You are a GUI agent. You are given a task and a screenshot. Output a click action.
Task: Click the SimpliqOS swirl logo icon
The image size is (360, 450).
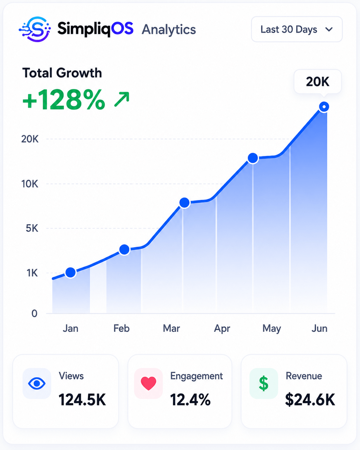tap(35, 29)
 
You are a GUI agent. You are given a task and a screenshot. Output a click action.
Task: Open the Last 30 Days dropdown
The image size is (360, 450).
tap(297, 29)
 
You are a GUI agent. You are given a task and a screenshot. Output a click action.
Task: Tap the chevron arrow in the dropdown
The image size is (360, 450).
tap(329, 30)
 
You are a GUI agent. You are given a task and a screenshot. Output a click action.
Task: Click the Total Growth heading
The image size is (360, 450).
tap(62, 73)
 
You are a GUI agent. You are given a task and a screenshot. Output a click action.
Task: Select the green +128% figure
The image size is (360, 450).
tap(64, 100)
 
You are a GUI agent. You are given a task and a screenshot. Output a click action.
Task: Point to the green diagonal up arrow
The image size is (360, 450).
tap(122, 100)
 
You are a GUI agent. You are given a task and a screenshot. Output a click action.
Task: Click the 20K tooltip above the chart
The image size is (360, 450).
tap(318, 82)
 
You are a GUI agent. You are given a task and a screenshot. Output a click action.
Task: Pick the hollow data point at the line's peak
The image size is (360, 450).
tap(324, 107)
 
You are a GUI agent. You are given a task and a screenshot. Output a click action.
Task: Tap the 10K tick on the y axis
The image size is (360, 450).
tap(30, 184)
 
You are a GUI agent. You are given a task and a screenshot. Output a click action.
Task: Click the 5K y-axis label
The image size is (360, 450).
tap(32, 228)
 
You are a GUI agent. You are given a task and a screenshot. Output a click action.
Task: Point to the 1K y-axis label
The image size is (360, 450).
tap(32, 273)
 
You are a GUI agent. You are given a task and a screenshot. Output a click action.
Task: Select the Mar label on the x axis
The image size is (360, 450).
tap(171, 328)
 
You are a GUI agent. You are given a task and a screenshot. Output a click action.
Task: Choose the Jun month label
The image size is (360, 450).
tap(320, 328)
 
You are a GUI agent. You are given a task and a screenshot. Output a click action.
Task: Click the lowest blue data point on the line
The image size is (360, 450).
tap(71, 273)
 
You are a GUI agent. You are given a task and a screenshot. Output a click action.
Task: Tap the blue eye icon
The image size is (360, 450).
tap(37, 384)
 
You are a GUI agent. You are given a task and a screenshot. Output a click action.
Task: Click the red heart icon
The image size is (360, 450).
tap(149, 383)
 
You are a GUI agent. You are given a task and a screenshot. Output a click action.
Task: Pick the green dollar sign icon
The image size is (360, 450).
tap(264, 383)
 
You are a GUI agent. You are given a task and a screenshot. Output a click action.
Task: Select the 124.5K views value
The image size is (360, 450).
tap(82, 400)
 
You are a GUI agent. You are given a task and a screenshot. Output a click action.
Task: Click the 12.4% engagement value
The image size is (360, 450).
tap(191, 400)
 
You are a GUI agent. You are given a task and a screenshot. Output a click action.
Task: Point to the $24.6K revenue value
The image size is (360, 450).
tap(310, 400)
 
